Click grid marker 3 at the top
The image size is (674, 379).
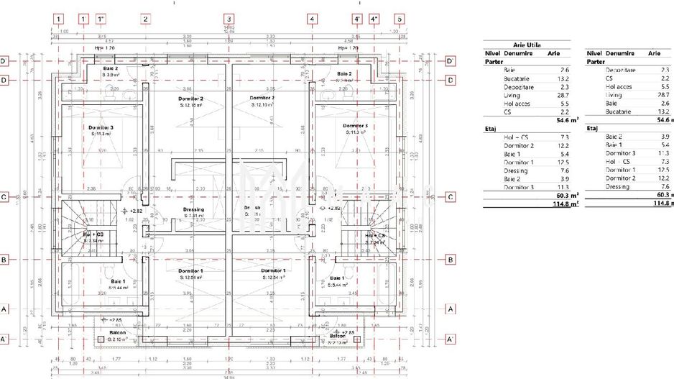tap(228, 19)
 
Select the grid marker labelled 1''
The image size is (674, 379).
tap(101, 19)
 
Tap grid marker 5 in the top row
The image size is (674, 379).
tap(400, 19)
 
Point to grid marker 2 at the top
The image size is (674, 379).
tap(146, 19)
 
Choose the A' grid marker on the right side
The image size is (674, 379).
tap(451, 339)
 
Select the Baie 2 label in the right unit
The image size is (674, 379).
tap(344, 74)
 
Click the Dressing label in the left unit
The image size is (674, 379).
tap(193, 209)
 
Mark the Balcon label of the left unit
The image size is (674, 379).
tap(117, 332)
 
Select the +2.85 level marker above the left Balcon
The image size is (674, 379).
tap(113, 319)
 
